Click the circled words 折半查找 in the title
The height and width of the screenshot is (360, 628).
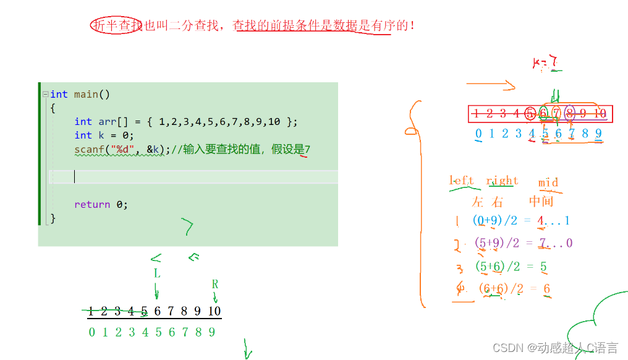(x=117, y=25)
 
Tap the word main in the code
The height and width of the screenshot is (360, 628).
(x=86, y=94)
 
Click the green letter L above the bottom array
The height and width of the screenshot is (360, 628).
(x=156, y=273)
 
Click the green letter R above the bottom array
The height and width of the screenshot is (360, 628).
(x=215, y=285)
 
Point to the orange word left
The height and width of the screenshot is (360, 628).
(x=461, y=181)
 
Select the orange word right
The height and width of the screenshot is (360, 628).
(x=502, y=181)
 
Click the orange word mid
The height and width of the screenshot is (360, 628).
(x=548, y=182)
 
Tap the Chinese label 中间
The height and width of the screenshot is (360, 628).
(x=541, y=201)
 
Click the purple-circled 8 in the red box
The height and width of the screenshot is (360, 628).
(x=569, y=113)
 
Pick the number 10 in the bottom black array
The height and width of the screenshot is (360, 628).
(x=214, y=311)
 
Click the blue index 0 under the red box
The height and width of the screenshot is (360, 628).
(x=478, y=133)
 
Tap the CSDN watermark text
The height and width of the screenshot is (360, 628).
(x=555, y=348)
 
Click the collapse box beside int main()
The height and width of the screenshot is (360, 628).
(x=45, y=95)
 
